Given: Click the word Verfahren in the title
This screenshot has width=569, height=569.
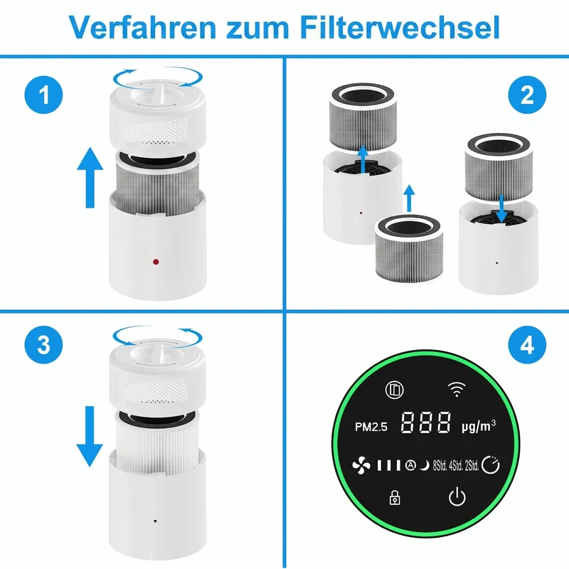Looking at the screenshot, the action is coord(142,27).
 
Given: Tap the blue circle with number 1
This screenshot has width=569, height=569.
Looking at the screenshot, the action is coord(43,95).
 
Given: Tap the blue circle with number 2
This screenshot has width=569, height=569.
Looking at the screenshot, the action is coord(527,95).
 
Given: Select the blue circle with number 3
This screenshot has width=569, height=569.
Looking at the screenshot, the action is coord(43,344).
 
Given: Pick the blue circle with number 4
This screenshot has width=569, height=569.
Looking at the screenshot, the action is coord(527,344).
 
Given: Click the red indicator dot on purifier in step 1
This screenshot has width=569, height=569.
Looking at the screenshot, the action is coord(156,262).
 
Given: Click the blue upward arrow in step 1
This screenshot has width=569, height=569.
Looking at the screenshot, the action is coord(90,177).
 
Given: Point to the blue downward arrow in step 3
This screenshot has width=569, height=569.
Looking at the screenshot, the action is coord(90,437).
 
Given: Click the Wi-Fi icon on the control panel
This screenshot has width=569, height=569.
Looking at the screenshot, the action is coord(457,389).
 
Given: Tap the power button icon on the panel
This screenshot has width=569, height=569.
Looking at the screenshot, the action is coord(457,496).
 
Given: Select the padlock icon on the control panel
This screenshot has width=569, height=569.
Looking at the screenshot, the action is coord(395,497).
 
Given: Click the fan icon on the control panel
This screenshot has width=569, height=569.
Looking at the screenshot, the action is coord(361,465).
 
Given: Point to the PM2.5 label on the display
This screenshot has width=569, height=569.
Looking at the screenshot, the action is coord(371,427).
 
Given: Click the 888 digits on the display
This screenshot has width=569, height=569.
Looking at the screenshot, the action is coord(425,422).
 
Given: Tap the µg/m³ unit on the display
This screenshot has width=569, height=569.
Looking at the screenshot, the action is coord(479,426).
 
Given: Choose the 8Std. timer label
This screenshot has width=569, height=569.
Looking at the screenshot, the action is coord(440,466).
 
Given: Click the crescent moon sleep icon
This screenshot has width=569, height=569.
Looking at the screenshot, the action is coord(424,465).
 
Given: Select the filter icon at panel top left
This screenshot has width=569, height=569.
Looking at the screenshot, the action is coord(394,390).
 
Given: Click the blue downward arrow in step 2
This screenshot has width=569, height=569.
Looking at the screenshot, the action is coord(501,208).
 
